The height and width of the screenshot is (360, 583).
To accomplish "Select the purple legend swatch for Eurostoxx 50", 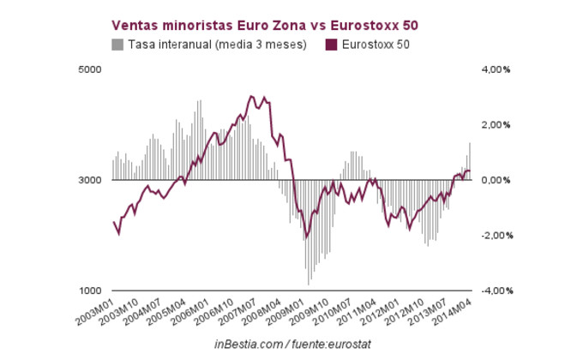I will [x=330, y=44].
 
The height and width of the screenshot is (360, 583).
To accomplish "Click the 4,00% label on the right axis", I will [x=494, y=69].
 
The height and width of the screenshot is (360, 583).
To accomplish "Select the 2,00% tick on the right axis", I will [x=494, y=125].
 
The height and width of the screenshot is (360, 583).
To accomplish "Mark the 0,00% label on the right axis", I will [x=494, y=180].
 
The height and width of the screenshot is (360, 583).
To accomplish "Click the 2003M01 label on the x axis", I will [x=98, y=311].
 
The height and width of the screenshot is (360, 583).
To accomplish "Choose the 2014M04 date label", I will [x=455, y=311].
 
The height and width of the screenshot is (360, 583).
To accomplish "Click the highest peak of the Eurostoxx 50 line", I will [x=251, y=96].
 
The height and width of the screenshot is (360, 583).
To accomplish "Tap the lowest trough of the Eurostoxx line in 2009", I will [x=305, y=239].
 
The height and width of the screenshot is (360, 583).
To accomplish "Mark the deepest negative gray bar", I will [x=309, y=285].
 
